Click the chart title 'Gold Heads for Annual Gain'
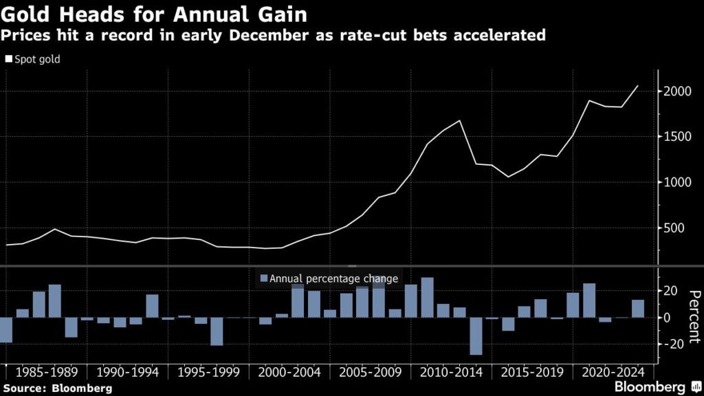154,13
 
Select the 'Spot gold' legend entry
33,60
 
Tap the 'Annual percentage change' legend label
333,278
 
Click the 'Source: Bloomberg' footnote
56,388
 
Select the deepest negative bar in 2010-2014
476,336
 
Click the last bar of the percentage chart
638,309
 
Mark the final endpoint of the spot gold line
638,86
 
